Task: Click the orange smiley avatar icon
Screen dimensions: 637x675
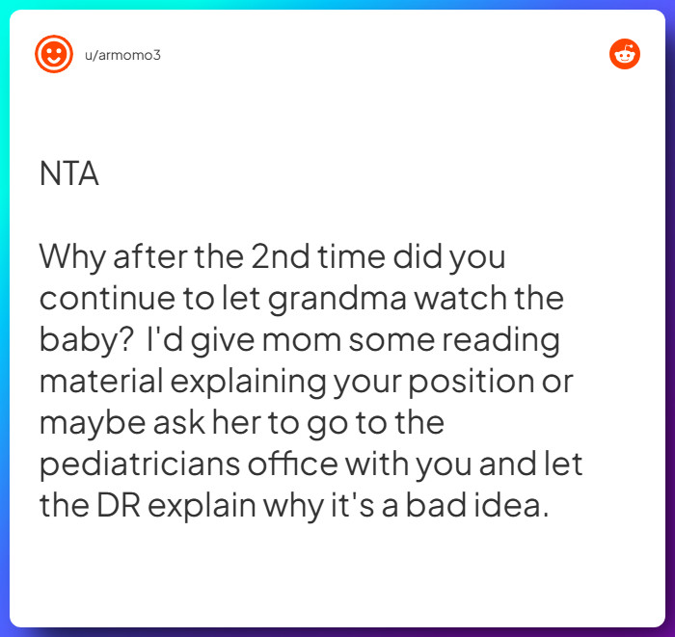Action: [x=54, y=54]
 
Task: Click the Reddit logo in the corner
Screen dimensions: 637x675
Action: [x=625, y=54]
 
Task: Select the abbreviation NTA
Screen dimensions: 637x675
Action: [x=68, y=174]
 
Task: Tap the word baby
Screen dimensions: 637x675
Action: [x=71, y=341]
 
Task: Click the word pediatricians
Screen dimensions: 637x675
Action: [x=142, y=465]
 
